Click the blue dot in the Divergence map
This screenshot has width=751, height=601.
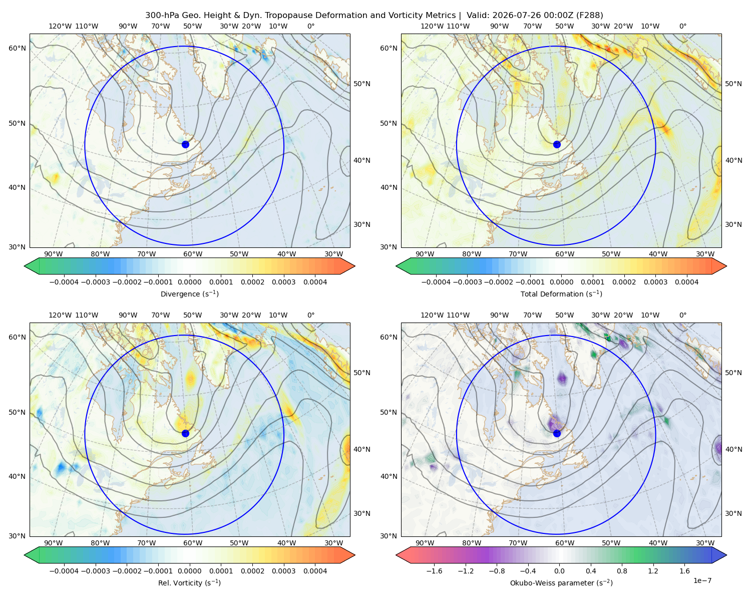tap(185, 144)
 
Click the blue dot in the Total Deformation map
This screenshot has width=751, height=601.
tap(557, 144)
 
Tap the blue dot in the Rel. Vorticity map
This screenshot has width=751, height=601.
tap(185, 433)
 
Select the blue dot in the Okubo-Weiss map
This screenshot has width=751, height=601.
tap(557, 433)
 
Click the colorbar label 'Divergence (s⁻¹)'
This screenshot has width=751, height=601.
tap(189, 293)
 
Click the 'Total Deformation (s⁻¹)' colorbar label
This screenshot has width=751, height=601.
tap(561, 293)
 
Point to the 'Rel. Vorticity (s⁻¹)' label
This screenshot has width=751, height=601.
tap(189, 583)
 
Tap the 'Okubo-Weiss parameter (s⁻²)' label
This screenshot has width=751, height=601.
tap(561, 583)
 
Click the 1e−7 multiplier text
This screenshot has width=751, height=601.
tap(702, 581)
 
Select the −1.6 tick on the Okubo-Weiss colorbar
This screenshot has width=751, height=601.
tap(434, 571)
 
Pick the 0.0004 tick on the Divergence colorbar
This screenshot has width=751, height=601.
tap(315, 282)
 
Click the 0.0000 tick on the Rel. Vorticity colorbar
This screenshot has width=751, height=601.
tap(189, 571)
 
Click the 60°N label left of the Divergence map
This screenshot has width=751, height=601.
tap(17, 48)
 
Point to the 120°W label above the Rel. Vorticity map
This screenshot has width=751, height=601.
tap(60, 315)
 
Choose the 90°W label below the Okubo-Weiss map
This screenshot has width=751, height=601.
tap(425, 543)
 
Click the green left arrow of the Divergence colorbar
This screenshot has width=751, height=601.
tap(32, 266)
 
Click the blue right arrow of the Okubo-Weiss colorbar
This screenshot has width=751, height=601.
tap(719, 555)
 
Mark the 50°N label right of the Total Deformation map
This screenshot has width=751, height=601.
tap(733, 84)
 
